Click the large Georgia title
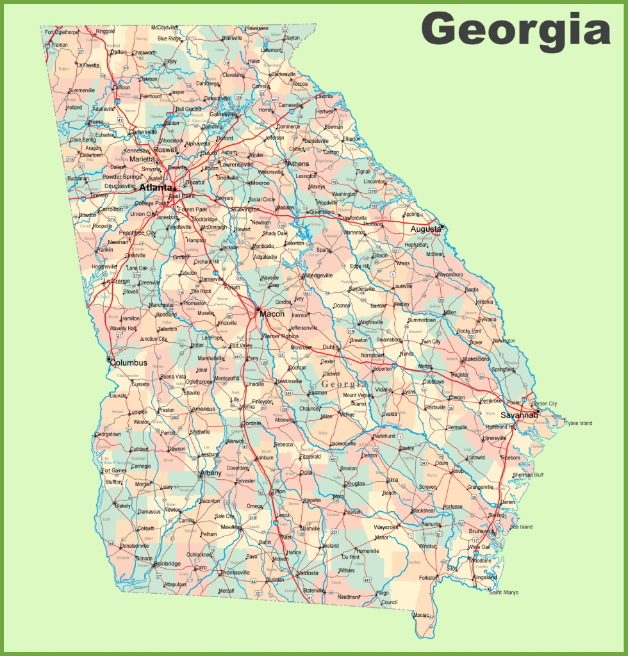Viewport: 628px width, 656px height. [x=515, y=29]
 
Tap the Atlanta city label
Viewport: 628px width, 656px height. [x=156, y=188]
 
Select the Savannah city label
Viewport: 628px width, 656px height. [x=518, y=414]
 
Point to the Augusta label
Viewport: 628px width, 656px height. [x=425, y=229]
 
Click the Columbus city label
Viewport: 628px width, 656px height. [x=129, y=363]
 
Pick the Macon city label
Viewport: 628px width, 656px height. [x=272, y=313]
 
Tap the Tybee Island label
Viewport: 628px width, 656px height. [x=578, y=423]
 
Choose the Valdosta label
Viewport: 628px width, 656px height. [x=308, y=573]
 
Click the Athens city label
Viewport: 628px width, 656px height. [x=298, y=163]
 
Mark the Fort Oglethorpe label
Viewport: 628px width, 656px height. [x=62, y=32]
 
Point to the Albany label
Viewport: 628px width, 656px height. [x=211, y=473]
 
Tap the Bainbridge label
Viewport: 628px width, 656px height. [x=168, y=564]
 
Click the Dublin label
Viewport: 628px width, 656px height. [x=331, y=347]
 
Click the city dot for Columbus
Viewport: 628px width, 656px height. [x=110, y=359]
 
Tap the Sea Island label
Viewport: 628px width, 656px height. [x=521, y=527]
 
